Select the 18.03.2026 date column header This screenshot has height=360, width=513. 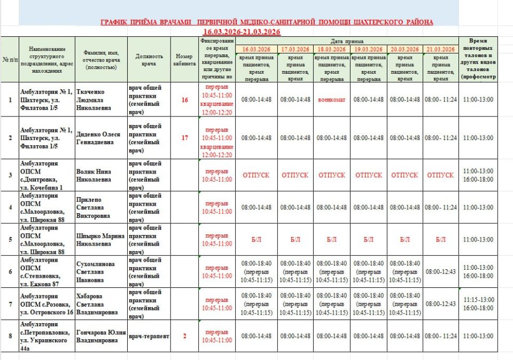point(332,49)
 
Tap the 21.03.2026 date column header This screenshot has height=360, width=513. point(441,49)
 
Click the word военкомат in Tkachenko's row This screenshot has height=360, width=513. point(332,99)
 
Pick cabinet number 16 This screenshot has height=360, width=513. point(185,99)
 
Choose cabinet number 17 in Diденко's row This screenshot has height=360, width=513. point(185,138)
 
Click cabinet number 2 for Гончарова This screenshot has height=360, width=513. point(185,336)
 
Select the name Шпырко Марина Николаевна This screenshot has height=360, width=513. point(100,240)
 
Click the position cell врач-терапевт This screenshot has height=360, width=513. point(149,336)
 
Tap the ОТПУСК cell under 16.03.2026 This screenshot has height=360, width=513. point(256,175)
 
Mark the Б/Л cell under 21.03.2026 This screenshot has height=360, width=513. point(441,240)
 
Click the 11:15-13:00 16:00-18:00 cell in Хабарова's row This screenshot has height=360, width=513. point(478,304)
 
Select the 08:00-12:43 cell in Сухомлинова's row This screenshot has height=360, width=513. point(441,271)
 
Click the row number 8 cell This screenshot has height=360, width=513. point(10,336)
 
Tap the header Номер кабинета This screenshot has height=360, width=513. point(185,59)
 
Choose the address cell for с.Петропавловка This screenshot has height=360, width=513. point(46,336)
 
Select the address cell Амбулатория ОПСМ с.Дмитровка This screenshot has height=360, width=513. point(46,175)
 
